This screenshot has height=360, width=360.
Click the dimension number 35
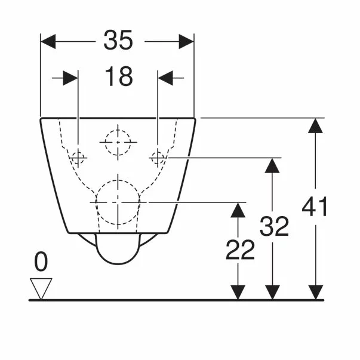point(118,41)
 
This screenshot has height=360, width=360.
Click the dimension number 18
point(118,78)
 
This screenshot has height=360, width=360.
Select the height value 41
point(315,208)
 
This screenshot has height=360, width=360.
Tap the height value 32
point(273,227)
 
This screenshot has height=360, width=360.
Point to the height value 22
point(239,250)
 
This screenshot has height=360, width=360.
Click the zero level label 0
point(41,261)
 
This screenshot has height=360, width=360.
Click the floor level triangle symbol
point(41,288)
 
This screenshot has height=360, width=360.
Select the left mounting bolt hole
point(78,158)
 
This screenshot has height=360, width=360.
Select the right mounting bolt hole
point(158,158)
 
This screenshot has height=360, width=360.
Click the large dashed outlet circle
point(118,202)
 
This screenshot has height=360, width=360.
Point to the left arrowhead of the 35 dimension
point(48,42)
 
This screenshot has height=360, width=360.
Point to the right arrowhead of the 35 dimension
point(186,42)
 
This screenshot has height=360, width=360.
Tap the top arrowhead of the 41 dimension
point(316,125)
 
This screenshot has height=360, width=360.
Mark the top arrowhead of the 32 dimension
point(272,165)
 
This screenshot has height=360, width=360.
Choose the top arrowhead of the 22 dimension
point(238,210)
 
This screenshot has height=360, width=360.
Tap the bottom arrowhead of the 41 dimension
point(316,292)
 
